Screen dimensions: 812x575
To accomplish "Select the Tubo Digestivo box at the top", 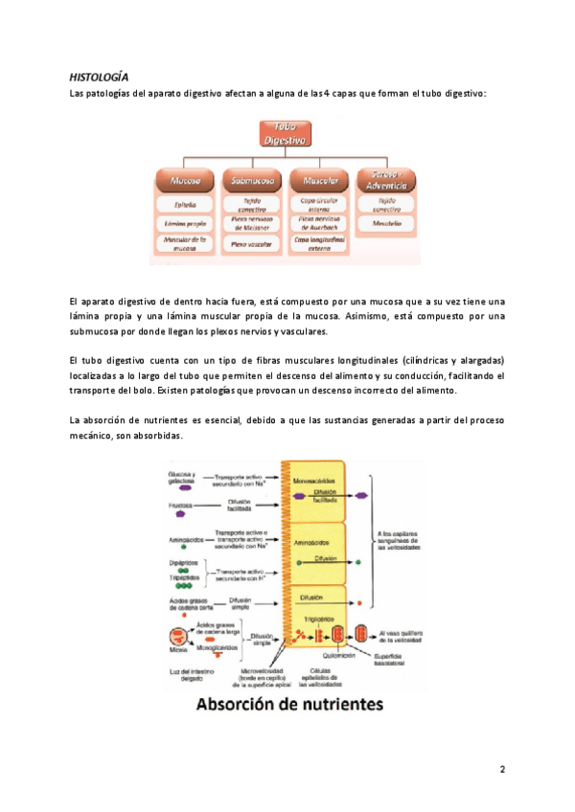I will pyautogui.click(x=286, y=133).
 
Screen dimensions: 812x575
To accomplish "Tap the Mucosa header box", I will pyautogui.click(x=185, y=179).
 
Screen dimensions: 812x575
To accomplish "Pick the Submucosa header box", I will pyautogui.click(x=252, y=179).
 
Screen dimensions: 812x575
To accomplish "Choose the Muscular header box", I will pyautogui.click(x=319, y=179).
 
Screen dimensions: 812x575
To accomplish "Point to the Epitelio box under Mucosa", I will pyautogui.click(x=185, y=204).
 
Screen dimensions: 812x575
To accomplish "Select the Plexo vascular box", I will pyautogui.click(x=252, y=244).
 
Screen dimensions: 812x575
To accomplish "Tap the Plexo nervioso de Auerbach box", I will pyautogui.click(x=319, y=223).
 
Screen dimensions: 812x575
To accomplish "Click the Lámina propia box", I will pyautogui.click(x=185, y=223).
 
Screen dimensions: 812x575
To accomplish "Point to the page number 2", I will pyautogui.click(x=501, y=770).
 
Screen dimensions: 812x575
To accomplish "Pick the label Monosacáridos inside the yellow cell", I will pyautogui.click(x=319, y=479).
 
